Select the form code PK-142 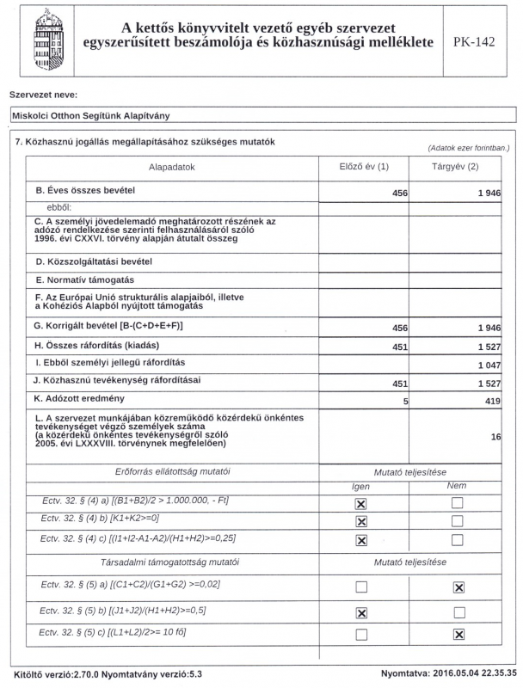click(473, 42)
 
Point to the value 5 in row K click(404, 401)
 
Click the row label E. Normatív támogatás click(84, 279)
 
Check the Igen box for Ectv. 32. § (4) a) click(361, 502)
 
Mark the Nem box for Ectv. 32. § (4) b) click(458, 521)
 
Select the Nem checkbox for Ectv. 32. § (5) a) click(458, 587)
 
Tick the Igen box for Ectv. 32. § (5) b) click(361, 611)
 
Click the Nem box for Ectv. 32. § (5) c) click(458, 635)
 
